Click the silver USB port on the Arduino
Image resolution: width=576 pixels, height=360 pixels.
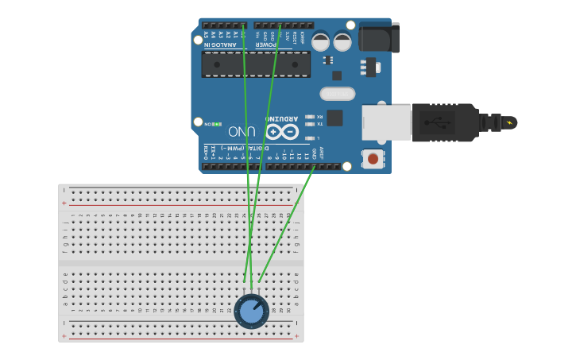coord(386,122)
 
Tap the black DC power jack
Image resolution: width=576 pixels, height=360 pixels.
coord(378,37)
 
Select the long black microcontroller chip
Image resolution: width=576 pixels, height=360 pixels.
coord(255,64)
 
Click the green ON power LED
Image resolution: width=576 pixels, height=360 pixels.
coord(216,124)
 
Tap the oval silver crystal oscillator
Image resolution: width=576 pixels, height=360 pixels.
coord(338,94)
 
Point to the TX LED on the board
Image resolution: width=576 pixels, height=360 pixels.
coord(310,124)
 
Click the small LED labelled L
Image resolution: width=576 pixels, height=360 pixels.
coord(310,137)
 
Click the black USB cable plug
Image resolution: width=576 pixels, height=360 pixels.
coord(445,122)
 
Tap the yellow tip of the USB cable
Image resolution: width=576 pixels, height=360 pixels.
coord(509,122)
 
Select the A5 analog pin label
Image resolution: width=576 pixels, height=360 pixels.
coord(205,35)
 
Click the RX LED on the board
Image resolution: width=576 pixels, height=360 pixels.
coord(310,117)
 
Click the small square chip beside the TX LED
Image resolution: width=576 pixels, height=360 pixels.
coord(334,118)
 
